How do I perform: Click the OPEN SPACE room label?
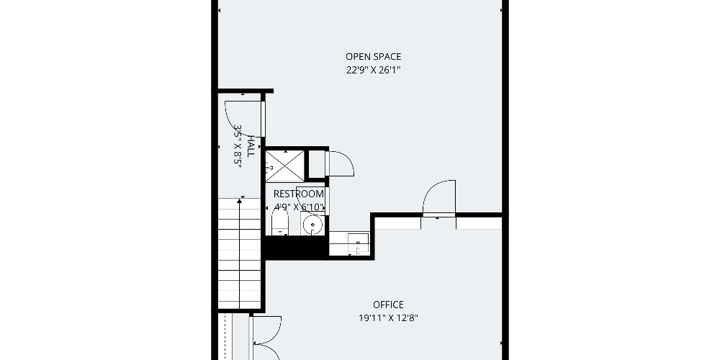(x=373, y=56)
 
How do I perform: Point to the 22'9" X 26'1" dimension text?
(x=373, y=71)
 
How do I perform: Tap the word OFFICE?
(x=389, y=305)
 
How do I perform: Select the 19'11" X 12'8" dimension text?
(x=389, y=318)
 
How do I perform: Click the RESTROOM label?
(x=299, y=194)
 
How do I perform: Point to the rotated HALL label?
(x=251, y=146)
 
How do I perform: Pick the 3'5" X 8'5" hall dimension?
(x=238, y=146)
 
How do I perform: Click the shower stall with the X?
(x=284, y=166)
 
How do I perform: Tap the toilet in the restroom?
(x=279, y=222)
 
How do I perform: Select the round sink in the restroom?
(x=312, y=225)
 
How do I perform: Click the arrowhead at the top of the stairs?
(x=239, y=201)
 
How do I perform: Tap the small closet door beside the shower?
(x=341, y=163)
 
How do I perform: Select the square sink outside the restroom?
(x=358, y=243)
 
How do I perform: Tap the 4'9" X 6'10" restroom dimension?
(x=300, y=207)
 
